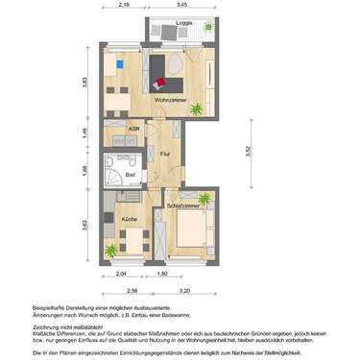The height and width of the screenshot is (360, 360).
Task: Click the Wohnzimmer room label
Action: tap(170, 99)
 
